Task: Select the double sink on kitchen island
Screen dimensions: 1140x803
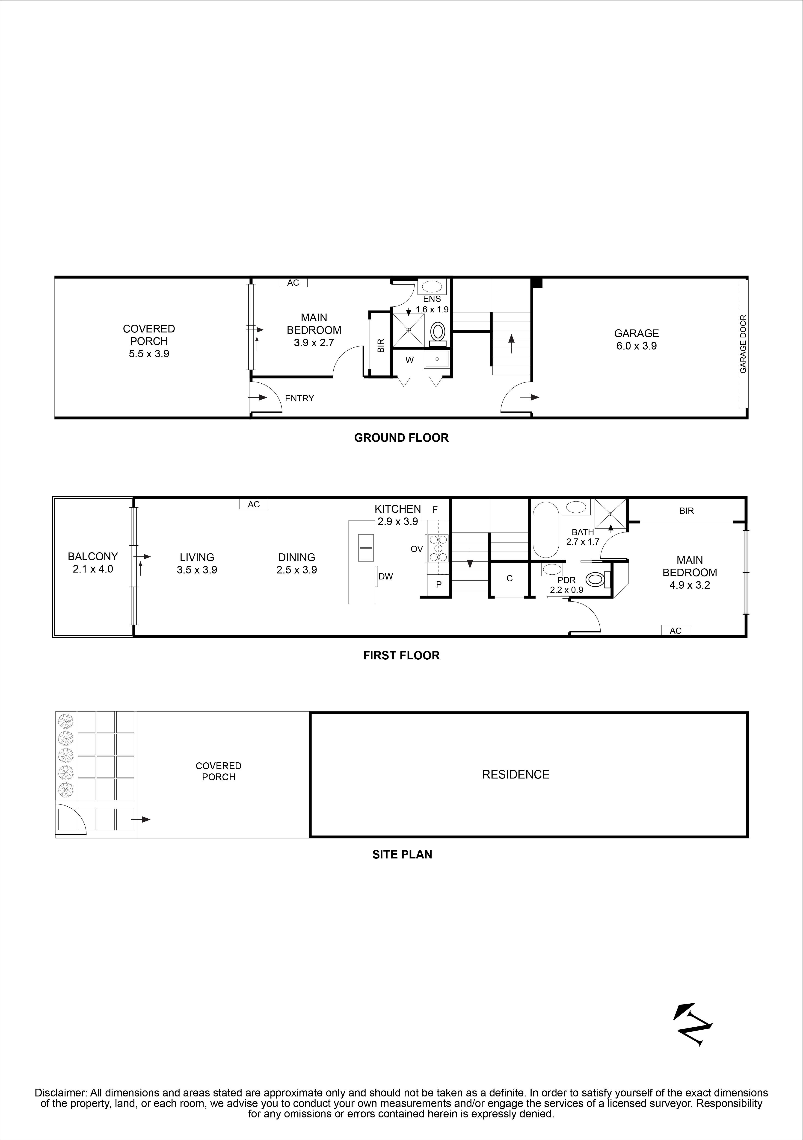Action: (x=366, y=548)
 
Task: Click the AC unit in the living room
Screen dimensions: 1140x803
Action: (x=254, y=504)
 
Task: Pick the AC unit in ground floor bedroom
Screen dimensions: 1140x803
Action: (x=293, y=282)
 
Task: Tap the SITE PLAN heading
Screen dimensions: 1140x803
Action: (x=402, y=855)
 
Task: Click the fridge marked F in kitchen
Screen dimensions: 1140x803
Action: (x=435, y=509)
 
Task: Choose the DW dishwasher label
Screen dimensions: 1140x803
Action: (x=386, y=576)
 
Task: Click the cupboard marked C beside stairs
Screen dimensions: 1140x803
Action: (x=509, y=579)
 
